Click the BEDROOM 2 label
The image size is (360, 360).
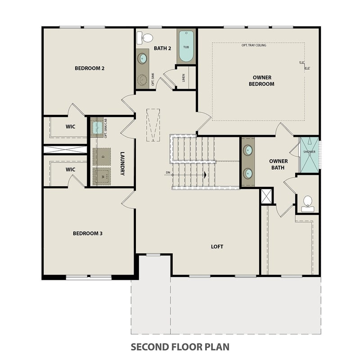tap(90, 68)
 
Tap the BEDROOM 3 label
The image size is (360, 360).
tap(88, 233)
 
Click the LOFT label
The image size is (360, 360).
tap(217, 247)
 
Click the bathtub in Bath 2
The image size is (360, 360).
tap(186, 47)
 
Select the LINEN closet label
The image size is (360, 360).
tap(184, 78)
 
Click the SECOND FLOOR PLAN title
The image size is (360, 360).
tap(180, 347)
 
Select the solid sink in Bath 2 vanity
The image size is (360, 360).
tap(142, 58)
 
